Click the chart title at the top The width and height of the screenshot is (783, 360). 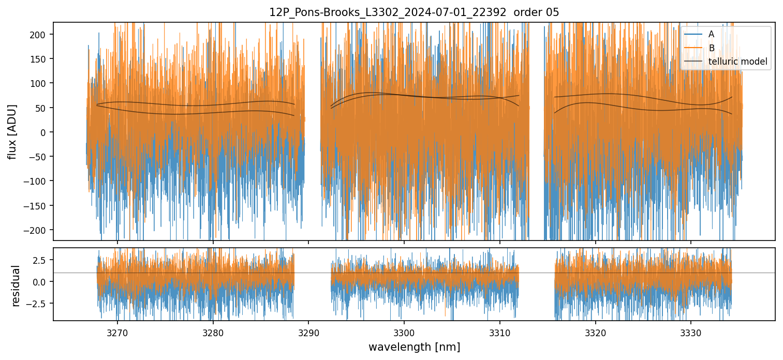click(414, 12)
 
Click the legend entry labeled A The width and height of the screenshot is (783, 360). click(711, 34)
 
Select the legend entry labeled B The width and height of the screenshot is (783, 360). click(711, 48)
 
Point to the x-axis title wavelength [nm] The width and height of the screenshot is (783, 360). click(414, 347)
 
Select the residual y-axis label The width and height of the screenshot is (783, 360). click(16, 286)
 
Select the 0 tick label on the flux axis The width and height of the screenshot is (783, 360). click(45, 132)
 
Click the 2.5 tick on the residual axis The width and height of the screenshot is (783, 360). click(41, 260)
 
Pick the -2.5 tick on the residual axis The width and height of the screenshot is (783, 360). click(39, 303)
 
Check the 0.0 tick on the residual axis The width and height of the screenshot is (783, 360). click(41, 281)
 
